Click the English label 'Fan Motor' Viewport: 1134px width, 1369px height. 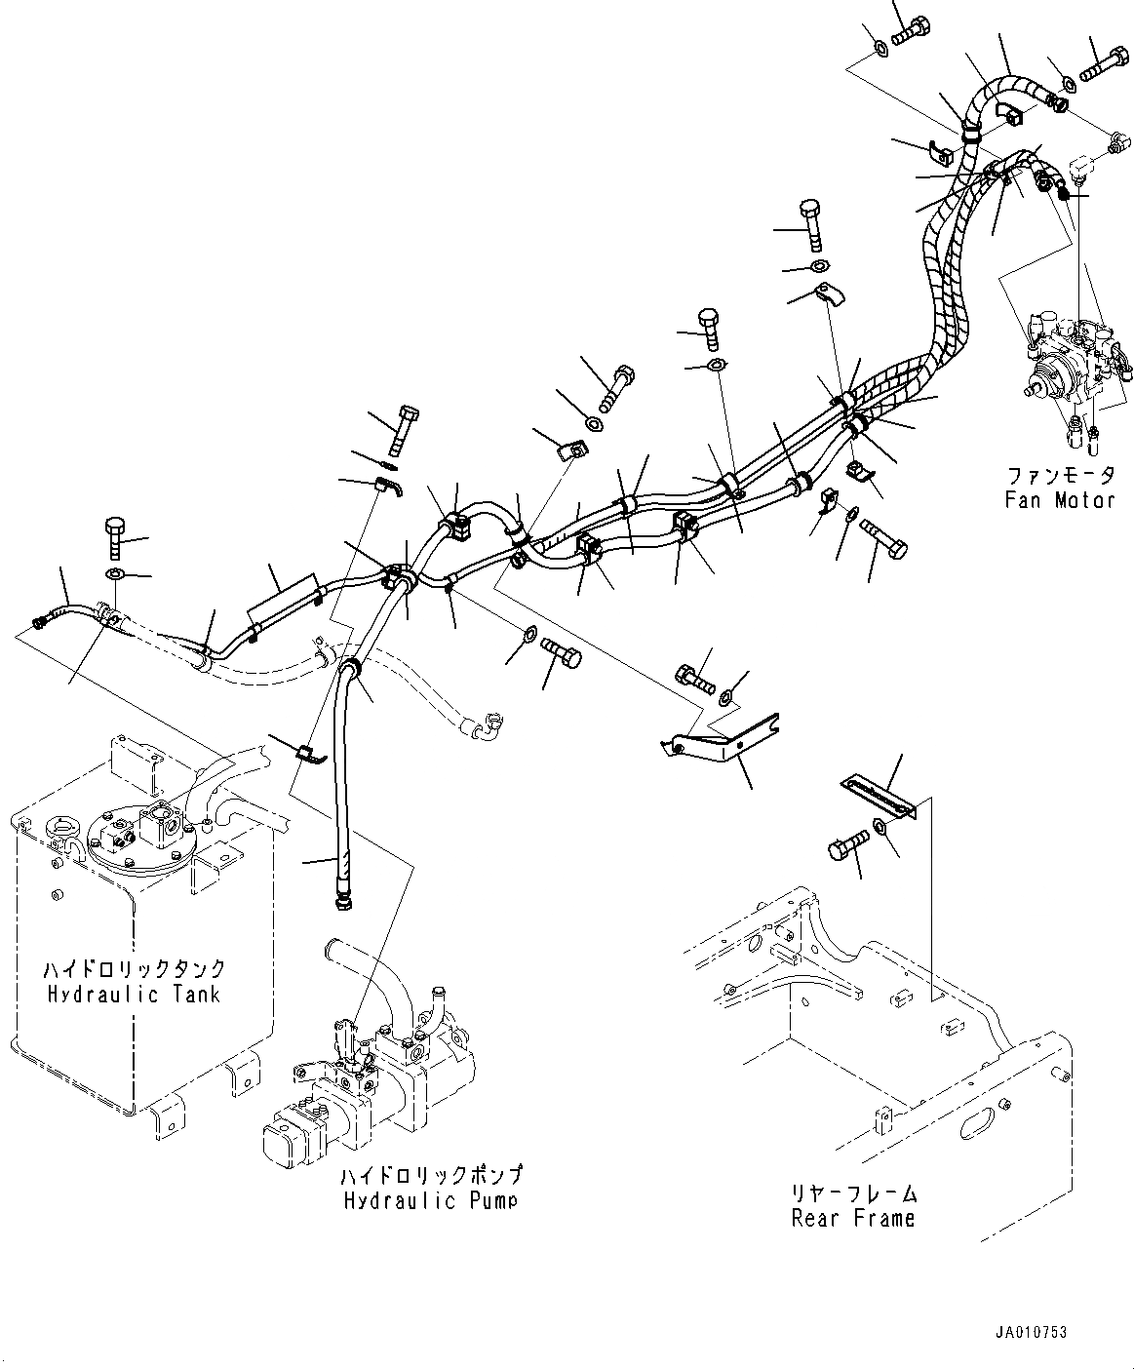pos(1060,500)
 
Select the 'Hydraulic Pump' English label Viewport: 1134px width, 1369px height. pos(430,1200)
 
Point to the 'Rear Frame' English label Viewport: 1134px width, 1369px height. pos(854,1218)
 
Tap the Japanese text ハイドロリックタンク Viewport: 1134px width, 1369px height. pos(134,969)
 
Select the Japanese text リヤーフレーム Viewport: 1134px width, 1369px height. pos(854,1193)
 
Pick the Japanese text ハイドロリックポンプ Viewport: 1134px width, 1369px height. pos(430,1175)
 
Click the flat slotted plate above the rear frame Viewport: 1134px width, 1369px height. pos(878,796)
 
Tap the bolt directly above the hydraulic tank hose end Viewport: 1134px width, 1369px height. pos(114,533)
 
